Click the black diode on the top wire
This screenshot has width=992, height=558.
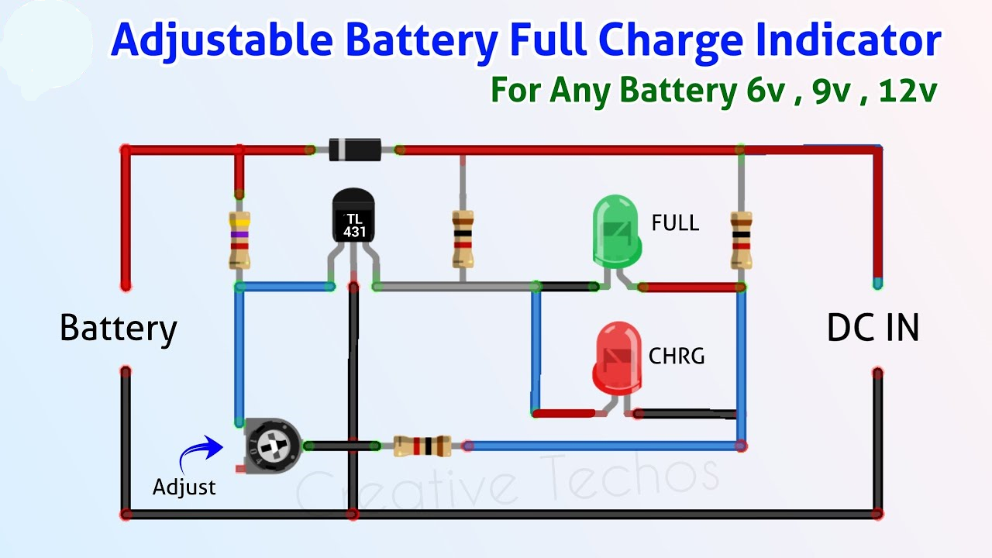(354, 149)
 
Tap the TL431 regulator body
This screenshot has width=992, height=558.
(353, 217)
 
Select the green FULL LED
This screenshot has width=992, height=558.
(617, 229)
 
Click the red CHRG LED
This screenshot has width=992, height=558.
(617, 359)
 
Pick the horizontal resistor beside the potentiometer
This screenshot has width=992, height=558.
(422, 446)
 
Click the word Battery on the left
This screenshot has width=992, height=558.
(118, 329)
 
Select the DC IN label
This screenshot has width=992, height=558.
(873, 329)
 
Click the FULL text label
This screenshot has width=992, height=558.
(675, 224)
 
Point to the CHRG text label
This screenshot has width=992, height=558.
(677, 356)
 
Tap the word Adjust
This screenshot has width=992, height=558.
(184, 487)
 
